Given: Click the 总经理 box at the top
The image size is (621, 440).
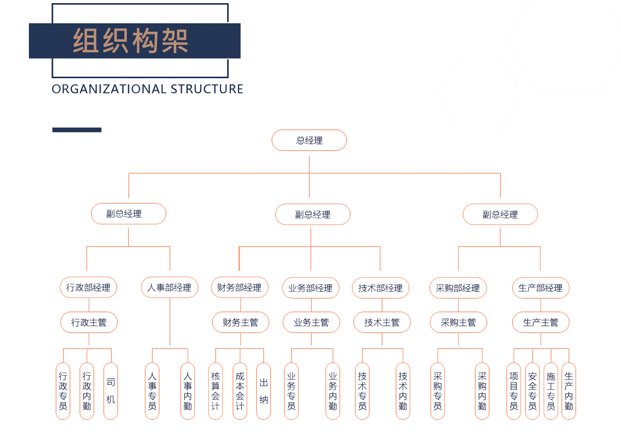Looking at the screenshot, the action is point(309,140).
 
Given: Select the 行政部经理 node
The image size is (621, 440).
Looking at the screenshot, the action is point(88,287).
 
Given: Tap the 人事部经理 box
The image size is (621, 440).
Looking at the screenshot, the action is point(170,287).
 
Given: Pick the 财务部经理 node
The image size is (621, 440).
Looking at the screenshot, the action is point(240,287).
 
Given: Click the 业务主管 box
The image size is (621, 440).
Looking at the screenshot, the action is point(312,322).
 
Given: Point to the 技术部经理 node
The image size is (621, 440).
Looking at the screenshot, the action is point(381,288).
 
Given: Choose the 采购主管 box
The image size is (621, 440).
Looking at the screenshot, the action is point(459,322).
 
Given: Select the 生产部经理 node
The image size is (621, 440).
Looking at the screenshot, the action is point(541,288).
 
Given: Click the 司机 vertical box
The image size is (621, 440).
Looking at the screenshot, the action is point(111,391).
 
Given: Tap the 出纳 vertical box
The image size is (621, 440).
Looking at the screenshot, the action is point(263,391).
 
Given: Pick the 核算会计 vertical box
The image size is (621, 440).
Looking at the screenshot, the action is point(216,391).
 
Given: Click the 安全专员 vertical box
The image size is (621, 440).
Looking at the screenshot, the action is point(533,391).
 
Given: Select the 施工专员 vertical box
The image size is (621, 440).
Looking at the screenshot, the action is point(551,391).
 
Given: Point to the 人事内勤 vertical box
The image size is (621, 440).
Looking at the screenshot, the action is point(188,391).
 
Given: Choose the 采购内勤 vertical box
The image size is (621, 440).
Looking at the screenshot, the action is point(482,391).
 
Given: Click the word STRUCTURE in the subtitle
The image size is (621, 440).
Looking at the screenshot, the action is point(207,89).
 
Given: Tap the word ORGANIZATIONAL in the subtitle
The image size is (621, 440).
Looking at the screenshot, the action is point(109,89).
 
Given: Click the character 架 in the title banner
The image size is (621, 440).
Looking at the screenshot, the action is point(175,41).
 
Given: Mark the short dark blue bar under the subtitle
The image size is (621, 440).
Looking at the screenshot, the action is point(77,130).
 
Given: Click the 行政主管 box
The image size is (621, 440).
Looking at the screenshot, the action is point(89,322).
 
